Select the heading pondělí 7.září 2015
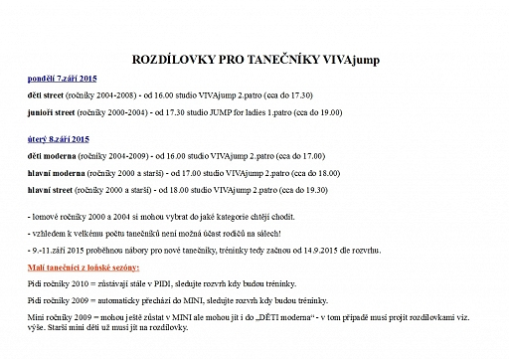point(63,77)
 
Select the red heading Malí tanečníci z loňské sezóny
point(84,269)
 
